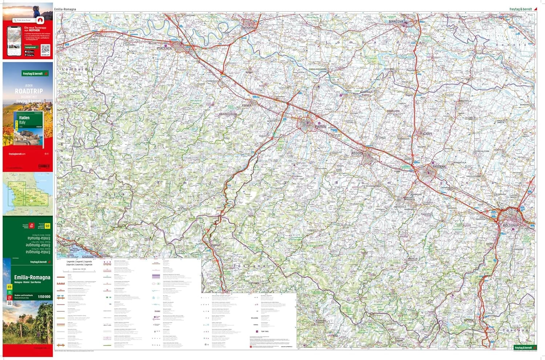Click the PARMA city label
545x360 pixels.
click(x=320, y=127)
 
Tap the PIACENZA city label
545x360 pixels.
click(x=164, y=48)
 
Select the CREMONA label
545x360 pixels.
click(x=250, y=28)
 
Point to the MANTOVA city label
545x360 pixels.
click(x=396, y=21)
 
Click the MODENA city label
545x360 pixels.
click(x=439, y=166)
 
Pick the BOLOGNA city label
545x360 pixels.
click(x=510, y=226)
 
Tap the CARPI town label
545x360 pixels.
click(x=427, y=134)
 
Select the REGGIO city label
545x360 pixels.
click(x=357, y=153)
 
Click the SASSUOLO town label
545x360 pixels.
click(x=400, y=207)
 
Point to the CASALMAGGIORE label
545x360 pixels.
click(x=318, y=69)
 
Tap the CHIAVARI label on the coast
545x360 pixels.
click(x=88, y=257)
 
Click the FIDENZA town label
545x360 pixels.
click(x=247, y=105)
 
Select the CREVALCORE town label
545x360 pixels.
click(x=483, y=151)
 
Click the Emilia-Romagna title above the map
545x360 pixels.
click(x=65, y=9)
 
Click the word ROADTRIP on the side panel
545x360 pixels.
click(x=29, y=91)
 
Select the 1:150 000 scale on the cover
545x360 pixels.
click(x=44, y=297)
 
